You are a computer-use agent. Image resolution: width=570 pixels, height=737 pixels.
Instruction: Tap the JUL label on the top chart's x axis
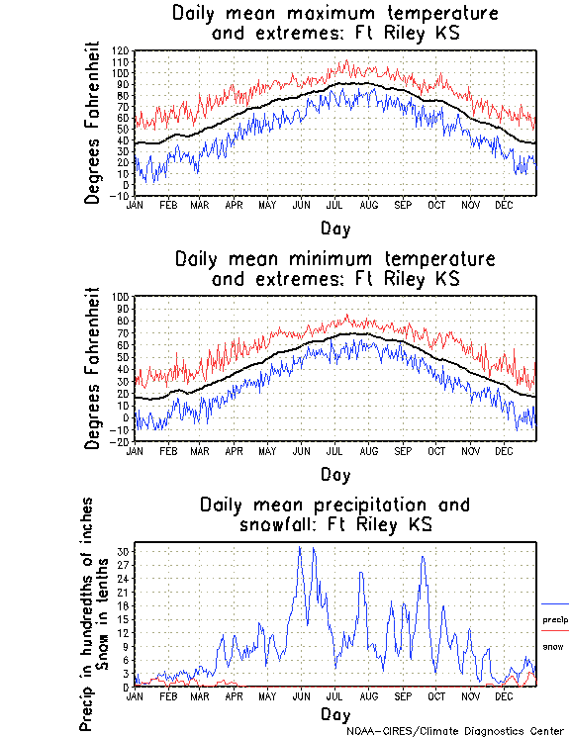(x=334, y=205)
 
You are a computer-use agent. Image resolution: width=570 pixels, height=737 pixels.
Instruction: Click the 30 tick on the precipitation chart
(x=124, y=551)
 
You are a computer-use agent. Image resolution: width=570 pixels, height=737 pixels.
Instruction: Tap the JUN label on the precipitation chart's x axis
(x=300, y=695)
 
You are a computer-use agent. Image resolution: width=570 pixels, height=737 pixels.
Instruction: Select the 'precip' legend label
(x=555, y=620)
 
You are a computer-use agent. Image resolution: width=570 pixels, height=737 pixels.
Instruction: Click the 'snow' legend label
(x=552, y=646)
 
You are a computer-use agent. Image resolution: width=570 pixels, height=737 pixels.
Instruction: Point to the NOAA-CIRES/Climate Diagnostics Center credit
(x=457, y=731)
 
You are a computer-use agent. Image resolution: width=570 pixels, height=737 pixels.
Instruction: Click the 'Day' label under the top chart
(x=334, y=228)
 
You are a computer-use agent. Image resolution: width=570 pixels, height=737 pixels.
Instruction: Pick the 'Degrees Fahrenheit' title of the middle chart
(x=94, y=368)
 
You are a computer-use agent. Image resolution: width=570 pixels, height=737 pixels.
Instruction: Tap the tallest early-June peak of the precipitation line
(x=300, y=546)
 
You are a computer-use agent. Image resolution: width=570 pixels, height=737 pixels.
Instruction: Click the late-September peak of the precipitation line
(x=424, y=556)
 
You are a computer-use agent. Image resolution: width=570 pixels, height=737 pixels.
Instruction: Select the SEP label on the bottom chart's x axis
(x=403, y=695)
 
